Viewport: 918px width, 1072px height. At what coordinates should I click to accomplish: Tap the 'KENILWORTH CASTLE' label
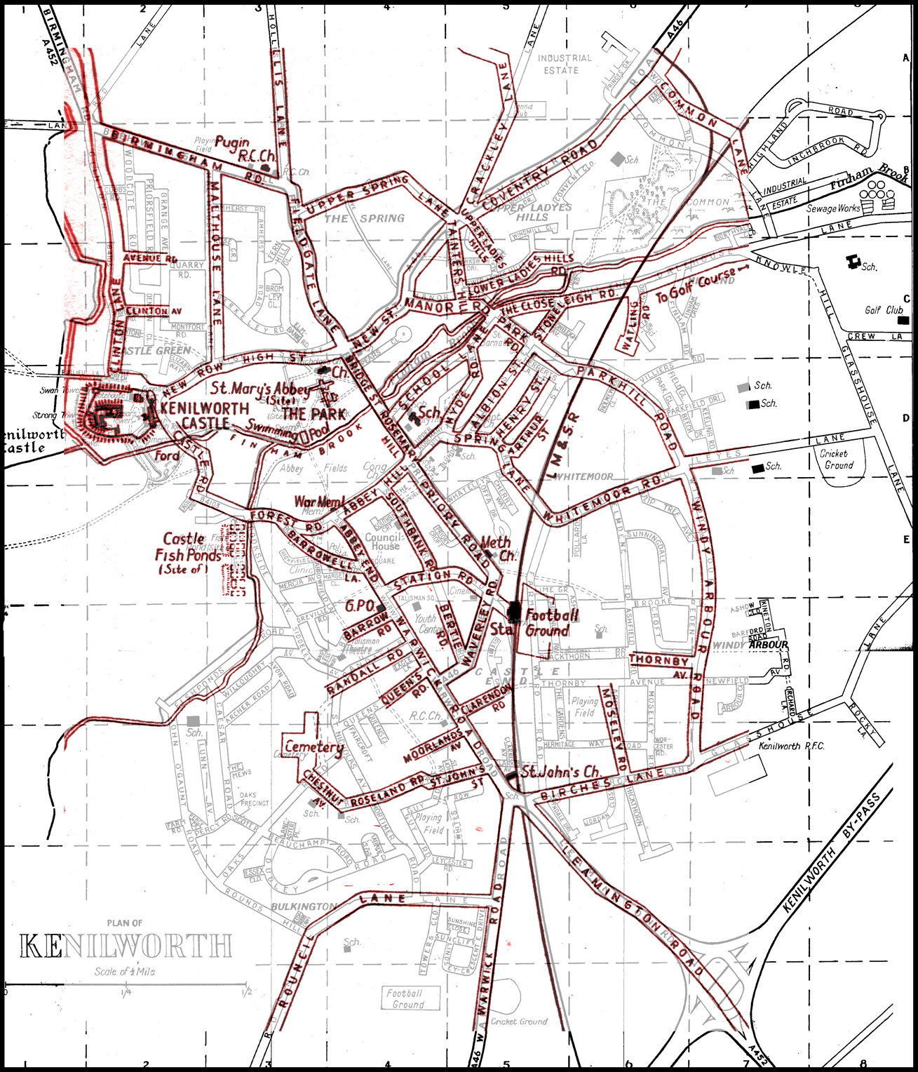click(x=204, y=415)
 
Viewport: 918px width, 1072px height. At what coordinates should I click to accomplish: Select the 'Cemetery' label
click(x=313, y=746)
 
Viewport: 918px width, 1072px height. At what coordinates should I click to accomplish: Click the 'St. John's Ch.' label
click(x=561, y=772)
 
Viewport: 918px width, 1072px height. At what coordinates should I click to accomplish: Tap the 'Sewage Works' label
click(x=832, y=208)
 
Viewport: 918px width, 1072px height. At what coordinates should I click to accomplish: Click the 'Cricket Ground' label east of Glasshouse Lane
click(x=838, y=460)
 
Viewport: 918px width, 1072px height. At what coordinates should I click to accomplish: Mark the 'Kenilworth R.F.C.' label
click(x=791, y=746)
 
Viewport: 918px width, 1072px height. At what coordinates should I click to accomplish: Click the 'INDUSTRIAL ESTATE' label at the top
click(x=564, y=64)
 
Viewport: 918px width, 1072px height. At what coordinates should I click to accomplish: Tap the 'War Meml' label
click(x=319, y=502)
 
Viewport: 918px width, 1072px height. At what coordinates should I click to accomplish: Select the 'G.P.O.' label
click(x=360, y=605)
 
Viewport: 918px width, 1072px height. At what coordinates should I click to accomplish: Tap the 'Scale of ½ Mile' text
click(x=125, y=972)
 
